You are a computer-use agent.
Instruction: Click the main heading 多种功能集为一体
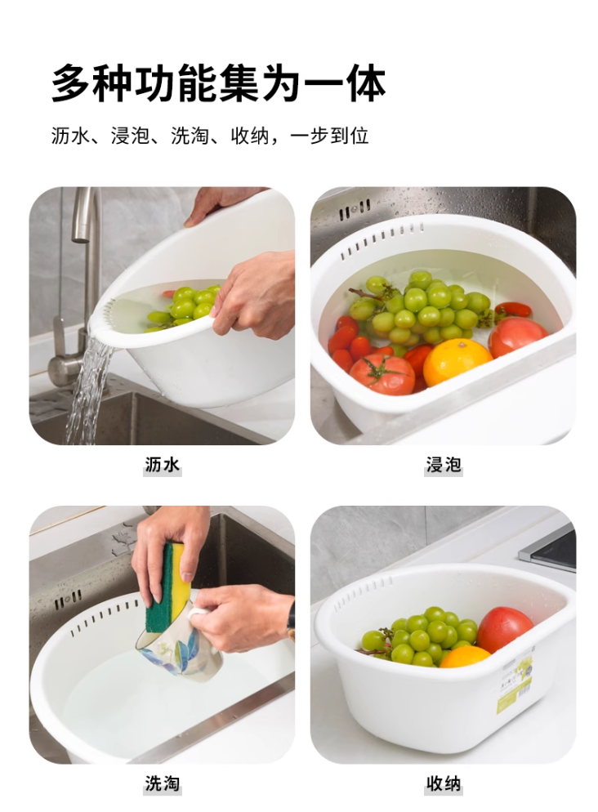218,83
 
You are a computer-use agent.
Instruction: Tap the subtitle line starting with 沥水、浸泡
210,136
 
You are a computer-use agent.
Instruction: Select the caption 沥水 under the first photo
162,466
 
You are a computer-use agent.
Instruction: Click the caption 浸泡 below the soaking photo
444,466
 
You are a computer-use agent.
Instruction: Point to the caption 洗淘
162,784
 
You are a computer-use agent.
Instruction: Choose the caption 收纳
444,784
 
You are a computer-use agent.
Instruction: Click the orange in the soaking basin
457,361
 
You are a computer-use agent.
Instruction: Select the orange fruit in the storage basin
465,656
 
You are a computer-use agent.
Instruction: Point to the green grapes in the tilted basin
184,306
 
